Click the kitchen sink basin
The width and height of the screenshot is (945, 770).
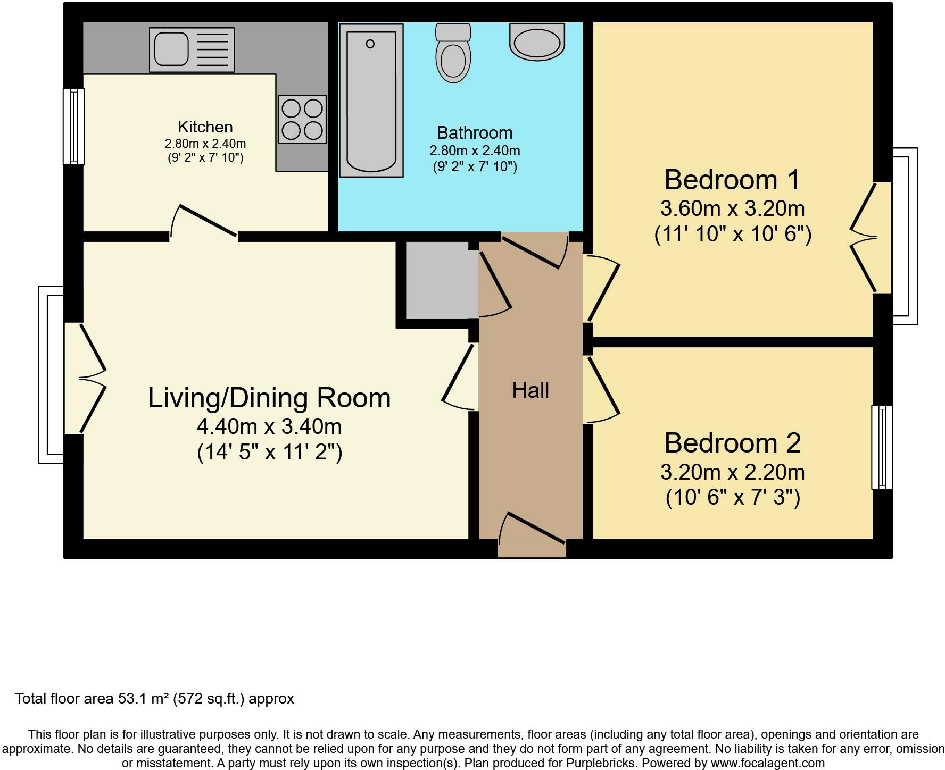click(171, 49)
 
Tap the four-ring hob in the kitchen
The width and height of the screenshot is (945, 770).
click(302, 120)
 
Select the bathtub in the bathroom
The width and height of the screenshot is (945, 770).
click(371, 101)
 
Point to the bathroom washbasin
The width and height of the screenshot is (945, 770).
click(537, 41)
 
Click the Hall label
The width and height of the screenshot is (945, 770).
click(530, 391)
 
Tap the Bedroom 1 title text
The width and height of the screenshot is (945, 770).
click(732, 180)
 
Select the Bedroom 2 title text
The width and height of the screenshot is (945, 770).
click(732, 443)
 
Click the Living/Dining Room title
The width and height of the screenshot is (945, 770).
click(269, 398)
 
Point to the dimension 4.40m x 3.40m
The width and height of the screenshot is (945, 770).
click(269, 426)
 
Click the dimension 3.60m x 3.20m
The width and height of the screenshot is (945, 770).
click(732, 208)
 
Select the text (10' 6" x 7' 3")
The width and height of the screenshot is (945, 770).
click(733, 498)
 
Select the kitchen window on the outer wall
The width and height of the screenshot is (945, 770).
click(73, 127)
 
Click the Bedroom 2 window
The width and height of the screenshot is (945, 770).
click(882, 447)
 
